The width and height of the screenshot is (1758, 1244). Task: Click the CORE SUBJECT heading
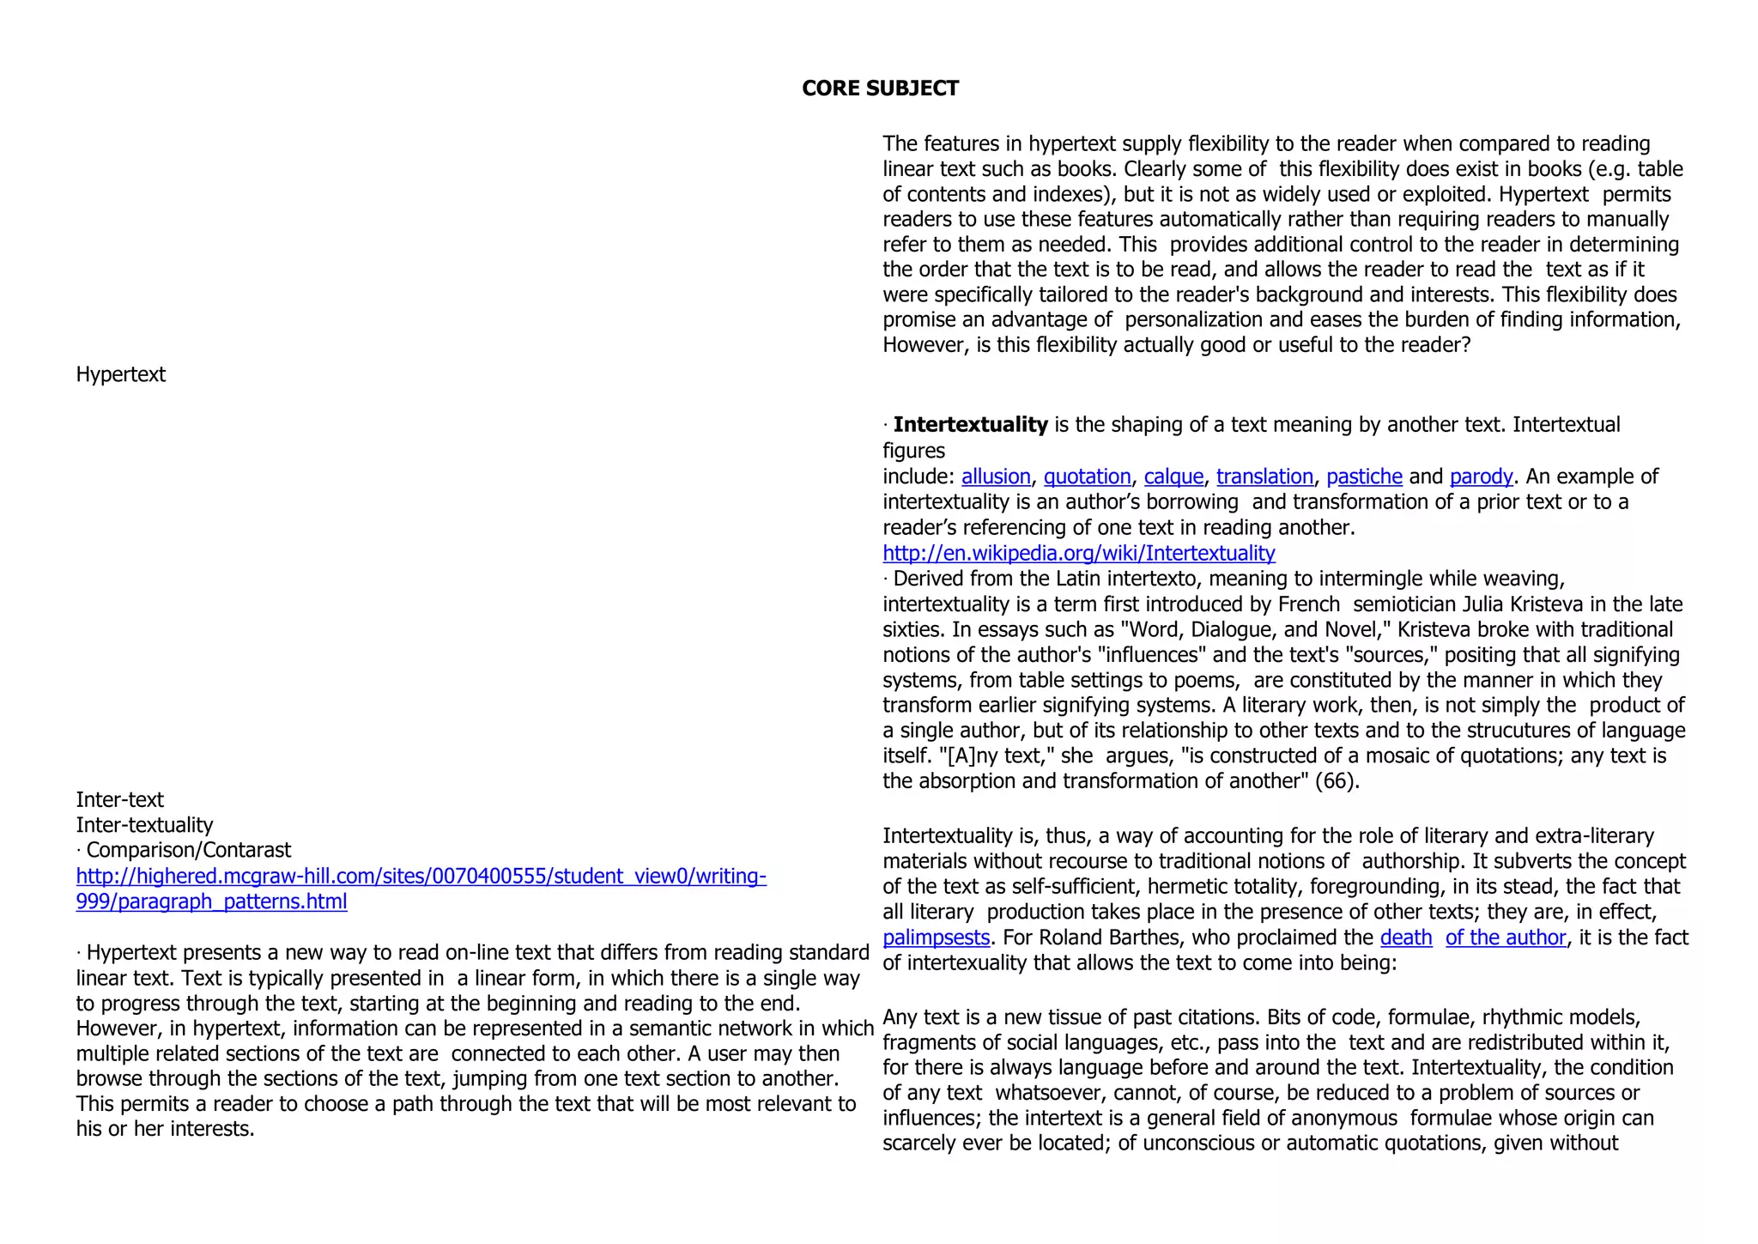pos(879,88)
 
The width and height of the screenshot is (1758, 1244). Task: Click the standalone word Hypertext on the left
pos(121,375)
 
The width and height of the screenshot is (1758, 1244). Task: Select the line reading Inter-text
pos(119,800)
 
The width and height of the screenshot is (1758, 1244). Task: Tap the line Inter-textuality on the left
pos(144,825)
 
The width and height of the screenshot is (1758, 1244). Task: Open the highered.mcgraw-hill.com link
pos(421,877)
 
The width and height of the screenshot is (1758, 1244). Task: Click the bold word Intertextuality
pos(970,425)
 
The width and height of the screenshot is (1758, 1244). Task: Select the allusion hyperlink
pos(995,476)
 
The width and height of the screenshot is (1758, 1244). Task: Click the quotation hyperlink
pos(1087,476)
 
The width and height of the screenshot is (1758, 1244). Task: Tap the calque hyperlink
pos(1173,476)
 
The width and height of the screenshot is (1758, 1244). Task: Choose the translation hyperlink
pos(1264,476)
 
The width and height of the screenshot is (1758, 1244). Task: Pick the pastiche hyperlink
pos(1364,476)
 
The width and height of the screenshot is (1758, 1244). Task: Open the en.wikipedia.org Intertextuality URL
pos(1078,553)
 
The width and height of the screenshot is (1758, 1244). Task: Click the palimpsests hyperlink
pos(936,938)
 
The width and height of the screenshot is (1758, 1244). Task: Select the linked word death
pos(1405,938)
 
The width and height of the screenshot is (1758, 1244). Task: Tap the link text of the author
pos(1506,938)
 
